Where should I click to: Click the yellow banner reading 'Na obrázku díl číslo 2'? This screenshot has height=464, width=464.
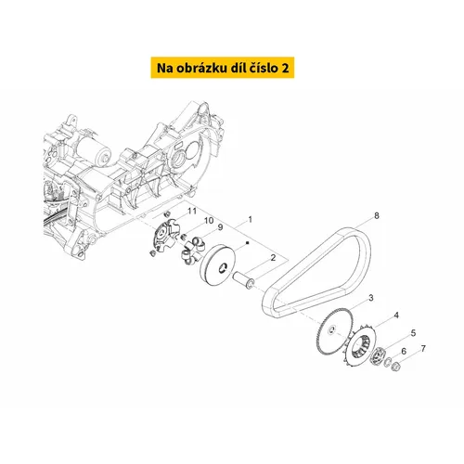coord(223,68)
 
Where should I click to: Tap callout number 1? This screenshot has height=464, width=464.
coord(250,220)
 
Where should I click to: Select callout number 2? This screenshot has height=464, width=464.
coord(273,258)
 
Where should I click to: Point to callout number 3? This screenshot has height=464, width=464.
coord(371,298)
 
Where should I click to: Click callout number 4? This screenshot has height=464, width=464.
coord(396,316)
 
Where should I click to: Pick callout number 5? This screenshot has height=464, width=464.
coord(413,333)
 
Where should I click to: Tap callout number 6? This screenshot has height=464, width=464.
coord(404,351)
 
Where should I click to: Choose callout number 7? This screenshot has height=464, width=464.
coord(423,349)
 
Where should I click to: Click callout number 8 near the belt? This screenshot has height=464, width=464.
coord(377,215)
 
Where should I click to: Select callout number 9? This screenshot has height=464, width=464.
coord(220,227)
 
